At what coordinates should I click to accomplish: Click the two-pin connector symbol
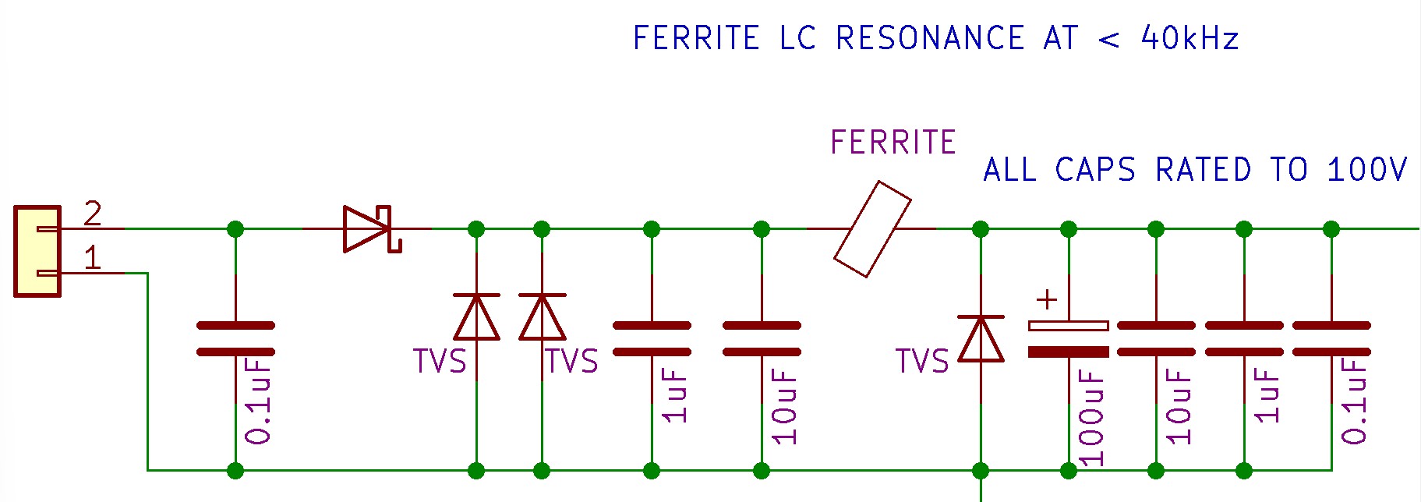[37, 251]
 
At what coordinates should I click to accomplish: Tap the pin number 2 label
[92, 214]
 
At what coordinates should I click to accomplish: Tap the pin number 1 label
[92, 258]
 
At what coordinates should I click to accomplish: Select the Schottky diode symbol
[371, 228]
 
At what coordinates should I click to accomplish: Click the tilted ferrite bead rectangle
[872, 229]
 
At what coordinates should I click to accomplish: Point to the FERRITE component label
[893, 143]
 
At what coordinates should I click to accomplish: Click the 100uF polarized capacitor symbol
[1069, 338]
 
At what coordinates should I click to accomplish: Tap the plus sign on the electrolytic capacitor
[1047, 300]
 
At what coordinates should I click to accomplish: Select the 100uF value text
[1091, 417]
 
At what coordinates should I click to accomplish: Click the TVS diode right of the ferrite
[981, 339]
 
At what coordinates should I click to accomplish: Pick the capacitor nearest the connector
[235, 338]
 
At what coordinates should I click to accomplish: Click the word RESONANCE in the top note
[930, 38]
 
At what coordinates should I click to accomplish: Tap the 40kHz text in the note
[1189, 38]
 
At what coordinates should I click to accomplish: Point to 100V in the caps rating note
[1367, 170]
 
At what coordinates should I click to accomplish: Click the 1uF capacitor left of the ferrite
[652, 338]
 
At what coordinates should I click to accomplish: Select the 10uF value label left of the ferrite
[785, 406]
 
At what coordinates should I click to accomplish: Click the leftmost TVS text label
[439, 362]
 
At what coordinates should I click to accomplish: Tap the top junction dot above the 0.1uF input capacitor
[235, 229]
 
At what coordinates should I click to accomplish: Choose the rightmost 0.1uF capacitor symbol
[1331, 338]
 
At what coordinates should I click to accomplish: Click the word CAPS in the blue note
[1095, 170]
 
